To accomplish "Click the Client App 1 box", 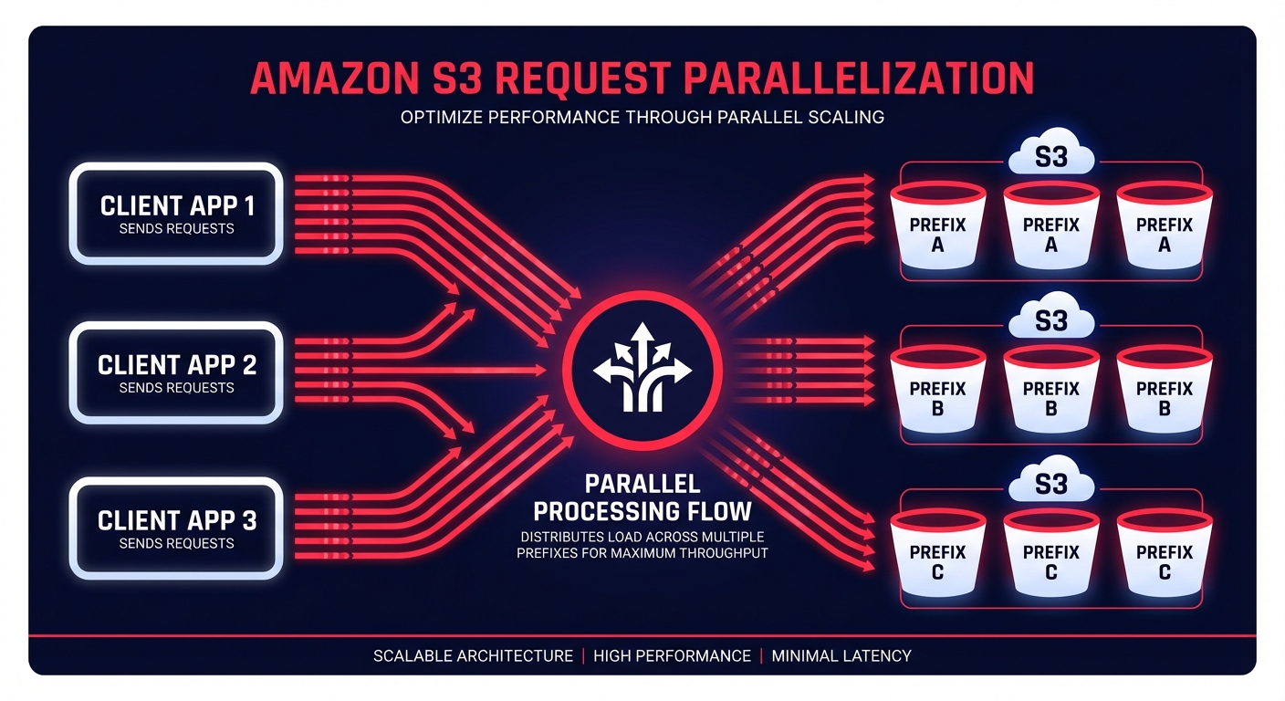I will [x=177, y=214].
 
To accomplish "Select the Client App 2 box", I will [x=177, y=372].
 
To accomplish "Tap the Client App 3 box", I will [x=177, y=528].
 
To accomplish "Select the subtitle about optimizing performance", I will [x=642, y=118].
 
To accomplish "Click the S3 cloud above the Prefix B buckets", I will [x=1051, y=320].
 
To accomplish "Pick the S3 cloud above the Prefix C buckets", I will [x=1051, y=482].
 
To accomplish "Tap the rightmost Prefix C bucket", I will [x=1164, y=559].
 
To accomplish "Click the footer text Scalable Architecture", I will [x=473, y=655].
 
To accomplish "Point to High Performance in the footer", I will [x=672, y=655].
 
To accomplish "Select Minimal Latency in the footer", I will [x=841, y=655].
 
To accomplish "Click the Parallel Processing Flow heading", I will [x=642, y=497].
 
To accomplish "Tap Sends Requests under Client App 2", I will [x=177, y=388].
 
